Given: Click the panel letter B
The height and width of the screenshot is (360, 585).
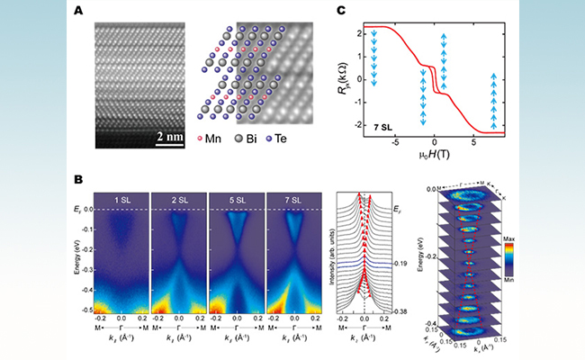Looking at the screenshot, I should coord(101,180).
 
